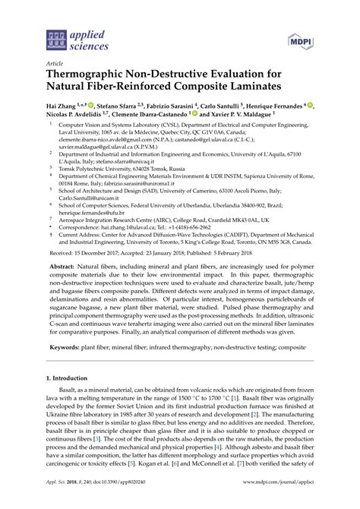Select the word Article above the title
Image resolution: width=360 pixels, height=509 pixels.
(55, 65)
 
